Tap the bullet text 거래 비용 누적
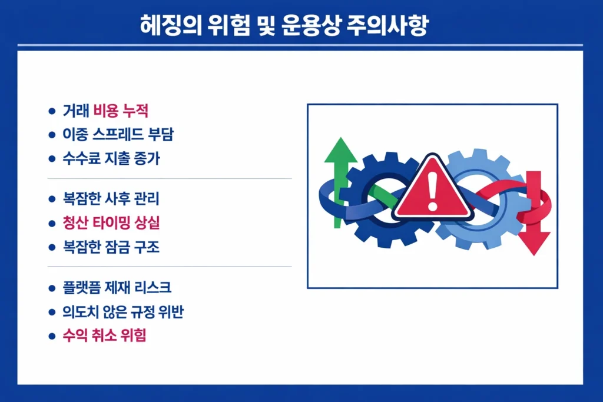(x=105, y=111)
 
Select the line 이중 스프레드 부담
(x=118, y=134)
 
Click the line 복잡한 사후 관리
(x=111, y=199)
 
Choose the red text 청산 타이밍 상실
(x=111, y=223)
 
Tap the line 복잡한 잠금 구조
(x=111, y=247)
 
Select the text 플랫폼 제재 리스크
(x=117, y=288)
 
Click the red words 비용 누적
(x=120, y=111)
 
